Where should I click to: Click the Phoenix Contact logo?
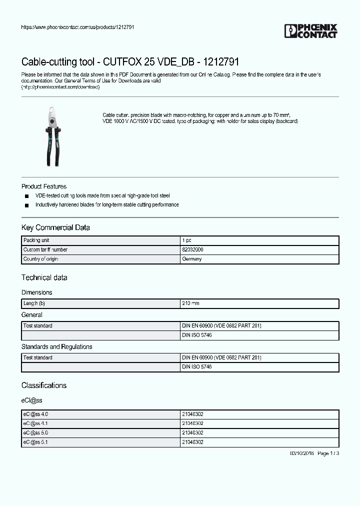coord(311,31)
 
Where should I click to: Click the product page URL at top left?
coord(77,27)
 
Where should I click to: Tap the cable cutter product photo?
coord(52,136)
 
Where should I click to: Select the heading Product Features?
coord(44,186)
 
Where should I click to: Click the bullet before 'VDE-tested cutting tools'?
coord(26,196)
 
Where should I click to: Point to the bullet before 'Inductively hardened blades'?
coord(26,205)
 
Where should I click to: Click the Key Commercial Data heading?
coord(55,227)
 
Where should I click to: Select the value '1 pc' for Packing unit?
coord(186,240)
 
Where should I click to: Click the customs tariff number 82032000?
coord(192,249)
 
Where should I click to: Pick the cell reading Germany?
coord(192,259)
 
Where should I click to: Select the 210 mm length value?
coord(190,303)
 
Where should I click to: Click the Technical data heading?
coord(44,277)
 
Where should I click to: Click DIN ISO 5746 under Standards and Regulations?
coord(196,367)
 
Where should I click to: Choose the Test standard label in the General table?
coord(38,325)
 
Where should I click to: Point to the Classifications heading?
coord(44,385)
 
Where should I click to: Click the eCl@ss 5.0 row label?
coord(35,432)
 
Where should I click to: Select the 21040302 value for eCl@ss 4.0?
coord(192,414)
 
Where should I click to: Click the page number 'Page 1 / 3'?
coord(328,453)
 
